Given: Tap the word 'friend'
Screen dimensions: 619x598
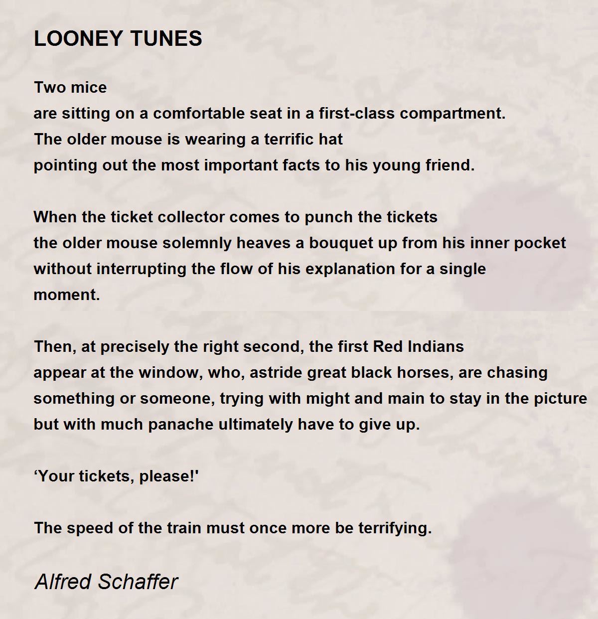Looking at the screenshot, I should coord(448,165).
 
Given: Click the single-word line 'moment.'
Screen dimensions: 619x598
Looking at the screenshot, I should coord(67,295).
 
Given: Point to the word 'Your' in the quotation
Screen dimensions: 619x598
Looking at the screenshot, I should coord(58,476).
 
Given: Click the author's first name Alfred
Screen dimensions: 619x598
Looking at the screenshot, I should coord(63,582).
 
